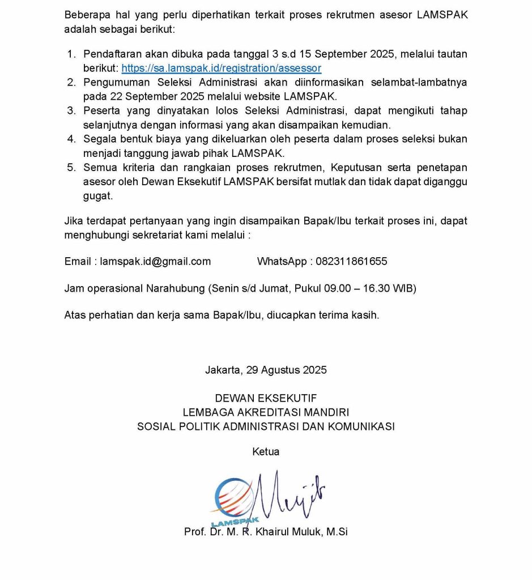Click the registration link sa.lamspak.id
pos(221,68)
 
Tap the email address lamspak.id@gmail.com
pos(155,261)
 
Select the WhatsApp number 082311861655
pos(351,261)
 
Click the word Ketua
pos(266,452)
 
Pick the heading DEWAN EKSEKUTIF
pos(266,399)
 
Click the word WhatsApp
pos(280,261)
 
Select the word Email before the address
pos(78,261)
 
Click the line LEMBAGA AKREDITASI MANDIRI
pos(266,412)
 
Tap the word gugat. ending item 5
pos(97,197)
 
